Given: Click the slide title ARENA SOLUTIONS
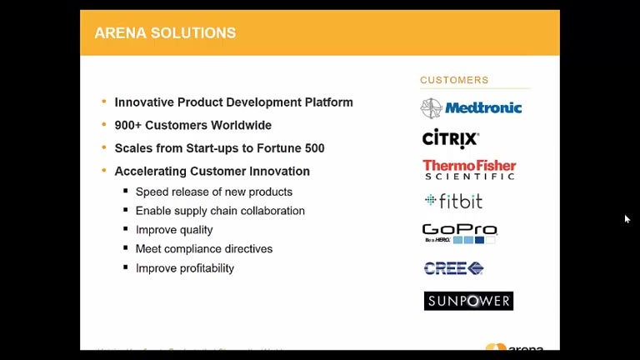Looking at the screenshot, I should (165, 33).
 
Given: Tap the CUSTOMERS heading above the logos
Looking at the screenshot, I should (454, 81).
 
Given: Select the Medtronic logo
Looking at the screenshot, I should (471, 107).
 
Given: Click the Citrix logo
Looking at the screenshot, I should (450, 137).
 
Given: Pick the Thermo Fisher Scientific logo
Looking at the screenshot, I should (469, 170).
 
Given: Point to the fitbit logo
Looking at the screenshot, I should (453, 201).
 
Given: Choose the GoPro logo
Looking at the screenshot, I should (459, 232).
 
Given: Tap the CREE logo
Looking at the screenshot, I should (453, 267).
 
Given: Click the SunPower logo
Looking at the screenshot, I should (468, 301).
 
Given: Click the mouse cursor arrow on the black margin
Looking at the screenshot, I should (627, 219).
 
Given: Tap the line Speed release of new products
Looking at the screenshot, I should (214, 192).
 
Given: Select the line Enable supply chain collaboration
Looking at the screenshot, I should (220, 211).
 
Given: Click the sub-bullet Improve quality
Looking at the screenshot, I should (174, 230).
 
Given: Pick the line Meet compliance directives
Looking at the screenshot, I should (204, 249).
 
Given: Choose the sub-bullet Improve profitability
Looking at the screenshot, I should (185, 268).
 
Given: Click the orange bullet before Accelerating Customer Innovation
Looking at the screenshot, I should (103, 171).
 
